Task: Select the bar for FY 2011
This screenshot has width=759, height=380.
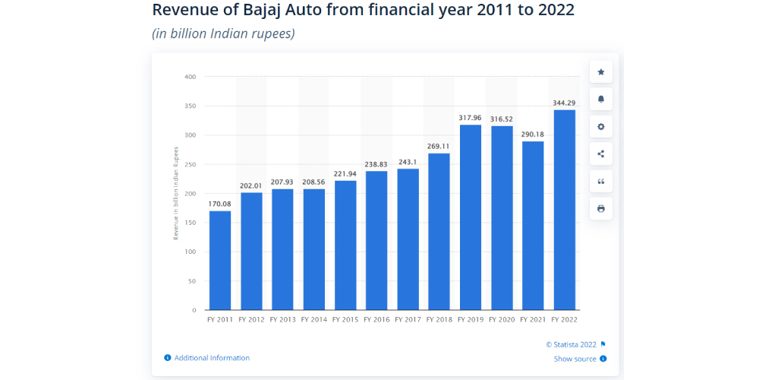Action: coord(220,260)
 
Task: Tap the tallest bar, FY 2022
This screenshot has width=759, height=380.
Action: coord(565,210)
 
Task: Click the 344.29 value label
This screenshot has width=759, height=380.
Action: coord(565,102)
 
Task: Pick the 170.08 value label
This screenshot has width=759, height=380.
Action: coord(220,204)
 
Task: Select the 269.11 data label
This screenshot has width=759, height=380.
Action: coord(439,146)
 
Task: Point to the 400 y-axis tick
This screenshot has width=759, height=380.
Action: coord(190,77)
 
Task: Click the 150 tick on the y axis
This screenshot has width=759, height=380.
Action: coord(190,223)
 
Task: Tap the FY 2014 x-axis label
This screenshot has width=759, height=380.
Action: coord(314,320)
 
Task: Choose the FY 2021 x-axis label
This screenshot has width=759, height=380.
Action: coord(534,320)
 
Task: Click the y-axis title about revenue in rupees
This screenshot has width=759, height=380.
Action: coord(176,193)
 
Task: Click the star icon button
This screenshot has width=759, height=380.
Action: coord(601,72)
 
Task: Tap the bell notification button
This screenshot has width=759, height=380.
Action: coord(601,100)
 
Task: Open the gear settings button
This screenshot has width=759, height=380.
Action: coord(601,127)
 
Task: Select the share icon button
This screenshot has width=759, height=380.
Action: coord(601,154)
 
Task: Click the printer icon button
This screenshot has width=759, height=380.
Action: coord(601,209)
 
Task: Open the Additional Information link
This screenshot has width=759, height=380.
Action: coord(212,358)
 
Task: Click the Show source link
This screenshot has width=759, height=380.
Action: coord(575,359)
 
